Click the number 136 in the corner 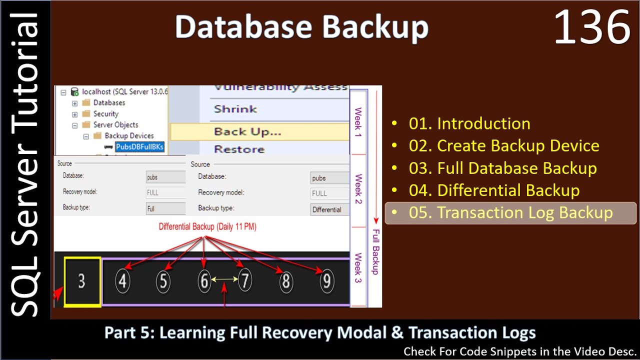pyautogui.click(x=592, y=28)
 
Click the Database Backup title pyautogui.click(x=301, y=27)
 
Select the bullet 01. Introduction pyautogui.click(x=469, y=123)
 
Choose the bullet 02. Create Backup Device pyautogui.click(x=503, y=146)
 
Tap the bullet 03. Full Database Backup pyautogui.click(x=502, y=168)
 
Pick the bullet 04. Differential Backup pyautogui.click(x=494, y=190)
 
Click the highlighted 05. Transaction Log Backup pyautogui.click(x=510, y=213)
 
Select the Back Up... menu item pyautogui.click(x=247, y=132)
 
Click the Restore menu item pyautogui.click(x=239, y=149)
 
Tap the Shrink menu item pyautogui.click(x=235, y=109)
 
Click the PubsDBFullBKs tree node pyautogui.click(x=139, y=147)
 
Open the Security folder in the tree pyautogui.click(x=105, y=113)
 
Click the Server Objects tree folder pyautogui.click(x=115, y=124)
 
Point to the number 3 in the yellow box pyautogui.click(x=82, y=281)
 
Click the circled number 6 pyautogui.click(x=203, y=281)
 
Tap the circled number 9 pyautogui.click(x=326, y=281)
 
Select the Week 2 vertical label pyautogui.click(x=358, y=189)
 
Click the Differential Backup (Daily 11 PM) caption pyautogui.click(x=207, y=226)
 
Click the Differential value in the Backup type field pyautogui.click(x=326, y=209)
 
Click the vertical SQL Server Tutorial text pyautogui.click(x=25, y=165)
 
